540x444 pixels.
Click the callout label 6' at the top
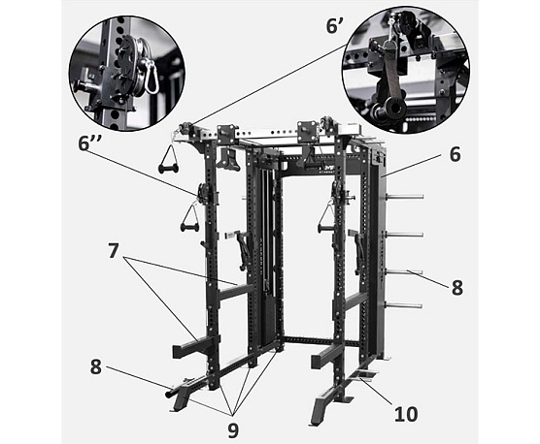pyautogui.click(x=335, y=25)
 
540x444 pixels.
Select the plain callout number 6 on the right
pyautogui.click(x=455, y=154)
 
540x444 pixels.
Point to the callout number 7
pyautogui.click(x=114, y=253)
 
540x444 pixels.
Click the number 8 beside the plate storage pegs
pyautogui.click(x=457, y=287)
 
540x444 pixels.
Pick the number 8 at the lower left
pyautogui.click(x=96, y=366)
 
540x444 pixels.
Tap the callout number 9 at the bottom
pyautogui.click(x=233, y=429)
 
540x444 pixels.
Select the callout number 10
pyautogui.click(x=406, y=413)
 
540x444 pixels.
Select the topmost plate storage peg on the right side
pyautogui.click(x=405, y=197)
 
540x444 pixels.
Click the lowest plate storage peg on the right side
pyautogui.click(x=404, y=305)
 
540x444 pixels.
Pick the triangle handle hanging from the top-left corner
pyautogui.click(x=168, y=158)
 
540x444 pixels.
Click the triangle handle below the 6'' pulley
pyautogui.click(x=189, y=217)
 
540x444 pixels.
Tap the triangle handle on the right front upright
pyautogui.click(x=325, y=217)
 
